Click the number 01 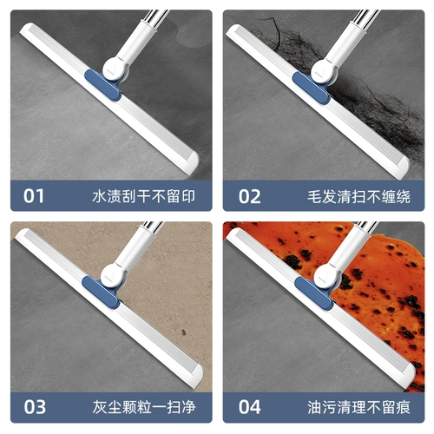pyautogui.click(x=34, y=196)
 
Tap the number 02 pyautogui.click(x=249, y=197)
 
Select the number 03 pyautogui.click(x=35, y=407)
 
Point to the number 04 pyautogui.click(x=249, y=407)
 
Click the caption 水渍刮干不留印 pyautogui.click(x=144, y=196)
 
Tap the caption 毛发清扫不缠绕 pyautogui.click(x=358, y=197)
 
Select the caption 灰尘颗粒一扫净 pyautogui.click(x=144, y=407)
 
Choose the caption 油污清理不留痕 pyautogui.click(x=358, y=407)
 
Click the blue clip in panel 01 pyautogui.click(x=102, y=85)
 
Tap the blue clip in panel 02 pyautogui.click(x=311, y=88)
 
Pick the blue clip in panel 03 pyautogui.click(x=101, y=293)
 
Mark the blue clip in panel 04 pyautogui.click(x=313, y=293)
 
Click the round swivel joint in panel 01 pyautogui.click(x=115, y=69)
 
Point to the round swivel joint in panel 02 pyautogui.click(x=323, y=71)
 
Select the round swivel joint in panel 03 pyautogui.click(x=113, y=275)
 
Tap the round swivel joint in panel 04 pyautogui.click(x=326, y=276)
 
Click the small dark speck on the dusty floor pyautogui.click(x=183, y=332)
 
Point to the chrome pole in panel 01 pyautogui.click(x=155, y=16)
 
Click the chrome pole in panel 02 pyautogui.click(x=367, y=17)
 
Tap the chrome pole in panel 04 pyautogui.click(x=366, y=227)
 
